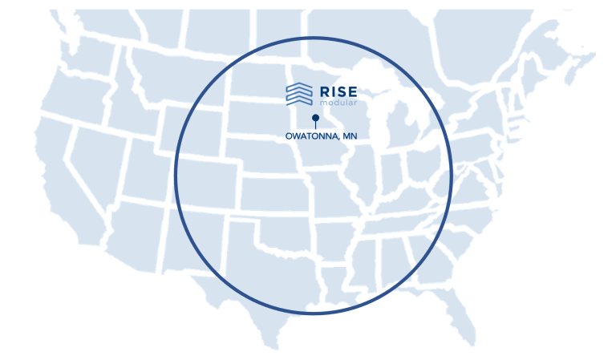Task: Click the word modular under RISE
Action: coord(334,103)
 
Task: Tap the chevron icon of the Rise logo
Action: coord(298,94)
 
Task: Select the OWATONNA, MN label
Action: coord(321,136)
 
